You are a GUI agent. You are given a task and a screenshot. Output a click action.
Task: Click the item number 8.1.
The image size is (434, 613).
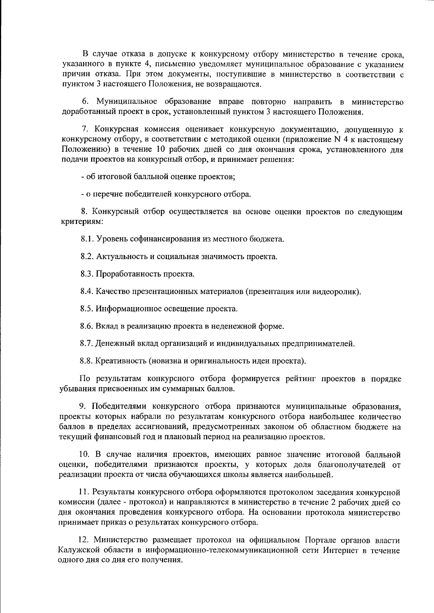[87, 239]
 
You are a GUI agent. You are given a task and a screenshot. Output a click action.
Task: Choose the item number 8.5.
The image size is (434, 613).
[87, 309]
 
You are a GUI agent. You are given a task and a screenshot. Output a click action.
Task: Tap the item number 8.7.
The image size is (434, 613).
[86, 344]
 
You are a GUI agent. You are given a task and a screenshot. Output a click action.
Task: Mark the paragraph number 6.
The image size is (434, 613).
[85, 102]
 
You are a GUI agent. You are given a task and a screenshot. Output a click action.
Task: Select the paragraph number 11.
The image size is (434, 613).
[84, 492]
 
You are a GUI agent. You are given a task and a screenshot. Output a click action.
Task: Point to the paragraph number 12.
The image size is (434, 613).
[84, 540]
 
